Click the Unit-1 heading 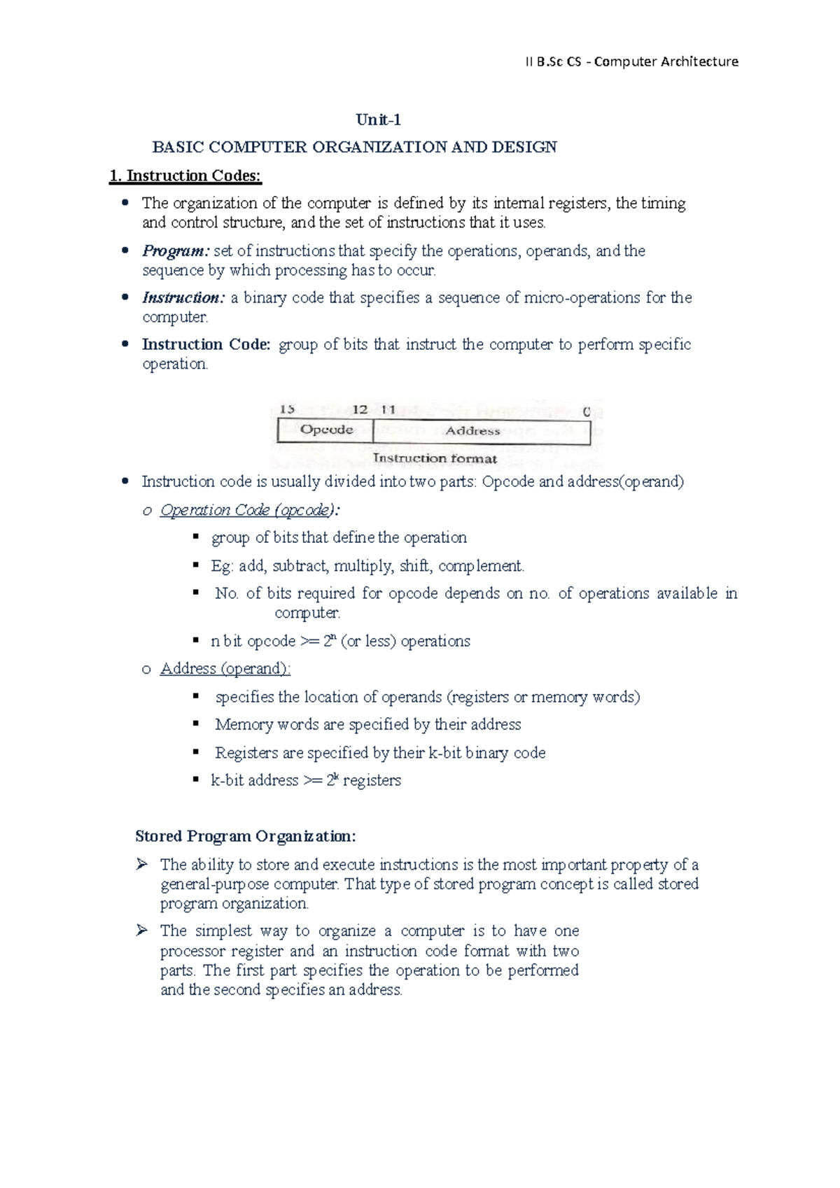(378, 120)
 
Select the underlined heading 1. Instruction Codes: (185, 176)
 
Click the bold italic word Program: (176, 251)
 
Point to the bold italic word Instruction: (183, 298)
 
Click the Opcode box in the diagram (326, 430)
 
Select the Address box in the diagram (472, 431)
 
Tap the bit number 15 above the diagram (287, 409)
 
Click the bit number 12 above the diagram (360, 409)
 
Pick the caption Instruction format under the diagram (435, 459)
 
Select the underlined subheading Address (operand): (225, 669)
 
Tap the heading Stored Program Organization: (246, 837)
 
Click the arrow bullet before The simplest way (142, 931)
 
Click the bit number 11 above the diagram (388, 409)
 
